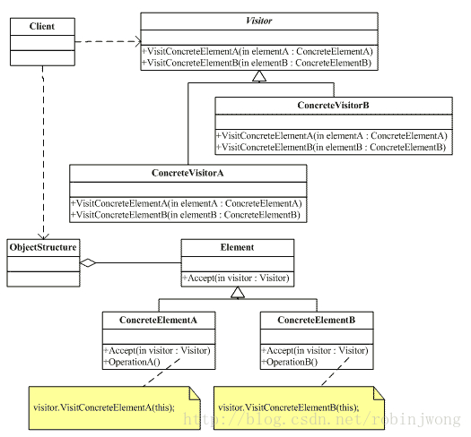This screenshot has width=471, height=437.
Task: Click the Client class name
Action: pyautogui.click(x=42, y=26)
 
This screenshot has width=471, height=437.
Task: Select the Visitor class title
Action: pyautogui.click(x=259, y=21)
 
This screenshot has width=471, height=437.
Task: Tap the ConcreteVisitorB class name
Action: pyautogui.click(x=333, y=106)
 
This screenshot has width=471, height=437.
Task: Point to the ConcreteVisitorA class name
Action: pyautogui.click(x=188, y=173)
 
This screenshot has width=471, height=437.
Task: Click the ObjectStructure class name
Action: pyautogui.click(x=43, y=247)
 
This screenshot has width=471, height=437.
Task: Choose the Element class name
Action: pyautogui.click(x=238, y=247)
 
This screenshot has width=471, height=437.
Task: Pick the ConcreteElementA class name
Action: pyautogui.click(x=158, y=320)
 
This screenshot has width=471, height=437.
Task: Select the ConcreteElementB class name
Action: pyautogui.click(x=317, y=320)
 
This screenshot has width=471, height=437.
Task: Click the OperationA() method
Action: pyautogui.click(x=132, y=362)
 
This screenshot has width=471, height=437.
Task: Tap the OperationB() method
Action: pyautogui.click(x=290, y=362)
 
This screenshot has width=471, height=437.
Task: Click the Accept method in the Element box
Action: pyautogui.click(x=236, y=278)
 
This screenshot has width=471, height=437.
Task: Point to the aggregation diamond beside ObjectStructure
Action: pyautogui.click(x=88, y=263)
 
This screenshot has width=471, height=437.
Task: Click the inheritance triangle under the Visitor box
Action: pyautogui.click(x=259, y=76)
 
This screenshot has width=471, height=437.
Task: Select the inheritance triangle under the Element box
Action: pyautogui.click(x=238, y=292)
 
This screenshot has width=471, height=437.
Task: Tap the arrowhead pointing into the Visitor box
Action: pyautogui.click(x=138, y=41)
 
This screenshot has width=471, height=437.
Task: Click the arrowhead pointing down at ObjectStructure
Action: pyautogui.click(x=44, y=236)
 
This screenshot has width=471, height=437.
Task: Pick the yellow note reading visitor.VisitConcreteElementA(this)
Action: pyautogui.click(x=115, y=408)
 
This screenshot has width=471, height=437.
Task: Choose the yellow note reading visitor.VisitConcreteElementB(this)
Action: pyautogui.click(x=299, y=408)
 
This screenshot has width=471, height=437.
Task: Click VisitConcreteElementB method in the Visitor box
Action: pyautogui.click(x=257, y=63)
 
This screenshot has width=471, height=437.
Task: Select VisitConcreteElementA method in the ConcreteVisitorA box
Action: pyautogui.click(x=186, y=203)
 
